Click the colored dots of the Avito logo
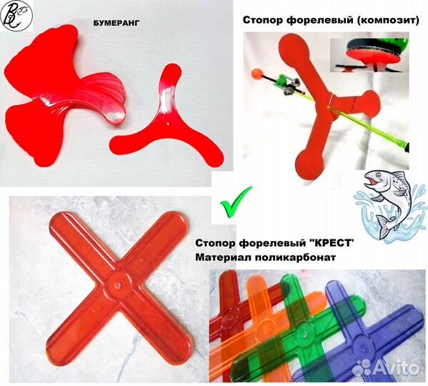[368, 367]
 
